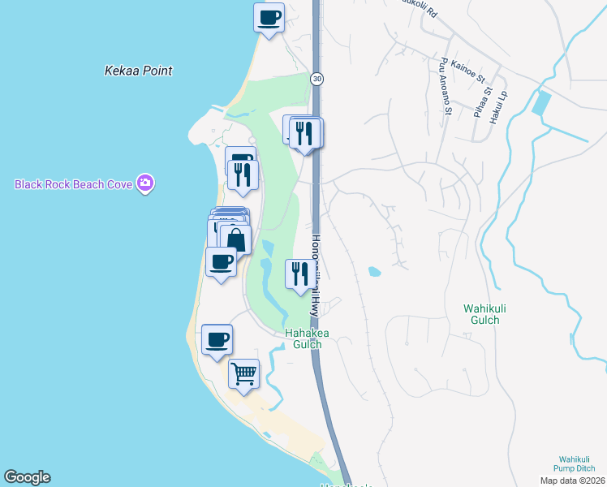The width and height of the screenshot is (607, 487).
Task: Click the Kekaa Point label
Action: click(x=138, y=71)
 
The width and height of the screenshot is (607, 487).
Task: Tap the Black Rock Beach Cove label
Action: click(x=74, y=184)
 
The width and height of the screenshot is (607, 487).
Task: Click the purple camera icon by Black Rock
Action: click(x=145, y=183)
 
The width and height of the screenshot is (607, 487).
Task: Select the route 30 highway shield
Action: click(x=315, y=78)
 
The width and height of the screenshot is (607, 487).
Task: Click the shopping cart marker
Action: click(x=243, y=374)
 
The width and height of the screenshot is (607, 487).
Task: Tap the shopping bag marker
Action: click(x=235, y=240)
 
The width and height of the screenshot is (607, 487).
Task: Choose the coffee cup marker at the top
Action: click(x=269, y=17)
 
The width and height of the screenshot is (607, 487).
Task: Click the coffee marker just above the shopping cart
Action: click(x=217, y=339)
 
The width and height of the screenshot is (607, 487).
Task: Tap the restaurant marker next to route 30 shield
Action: click(x=306, y=133)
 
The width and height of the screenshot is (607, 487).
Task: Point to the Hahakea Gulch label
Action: click(x=303, y=338)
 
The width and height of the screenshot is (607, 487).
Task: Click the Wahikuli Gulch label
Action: click(x=492, y=314)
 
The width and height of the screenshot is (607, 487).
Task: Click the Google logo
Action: click(x=27, y=477)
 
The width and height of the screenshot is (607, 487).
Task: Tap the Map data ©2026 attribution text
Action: click(x=572, y=481)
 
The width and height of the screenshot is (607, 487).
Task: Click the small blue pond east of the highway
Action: click(x=374, y=271)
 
